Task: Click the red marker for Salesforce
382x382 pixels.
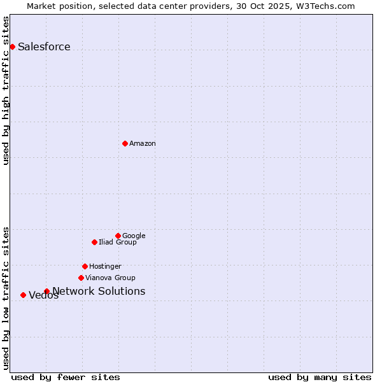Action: pyautogui.click(x=12, y=46)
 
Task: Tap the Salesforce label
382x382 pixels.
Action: pyautogui.click(x=44, y=47)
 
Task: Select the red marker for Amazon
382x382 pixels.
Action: pyautogui.click(x=125, y=143)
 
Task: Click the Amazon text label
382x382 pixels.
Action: pyautogui.click(x=143, y=144)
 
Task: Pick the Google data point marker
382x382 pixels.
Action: pyautogui.click(x=118, y=236)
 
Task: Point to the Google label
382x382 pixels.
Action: pyautogui.click(x=134, y=236)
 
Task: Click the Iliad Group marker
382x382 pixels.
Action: pyautogui.click(x=94, y=242)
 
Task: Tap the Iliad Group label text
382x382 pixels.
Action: pyautogui.click(x=118, y=243)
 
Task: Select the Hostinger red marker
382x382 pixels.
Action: pyautogui.click(x=85, y=266)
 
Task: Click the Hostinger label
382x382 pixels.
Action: pyautogui.click(x=105, y=267)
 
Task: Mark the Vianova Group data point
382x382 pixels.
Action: pyautogui.click(x=81, y=278)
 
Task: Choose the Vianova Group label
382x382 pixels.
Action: pyautogui.click(x=110, y=278)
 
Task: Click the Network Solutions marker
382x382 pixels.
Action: pyautogui.click(x=46, y=291)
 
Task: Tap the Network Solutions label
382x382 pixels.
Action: pyautogui.click(x=99, y=292)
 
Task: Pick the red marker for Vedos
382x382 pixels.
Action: pyautogui.click(x=23, y=295)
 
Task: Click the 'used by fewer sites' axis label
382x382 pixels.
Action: pyautogui.click(x=66, y=377)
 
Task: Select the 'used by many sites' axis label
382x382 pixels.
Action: pyautogui.click(x=320, y=377)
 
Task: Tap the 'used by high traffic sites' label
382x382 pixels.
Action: pyautogui.click(x=6, y=90)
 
